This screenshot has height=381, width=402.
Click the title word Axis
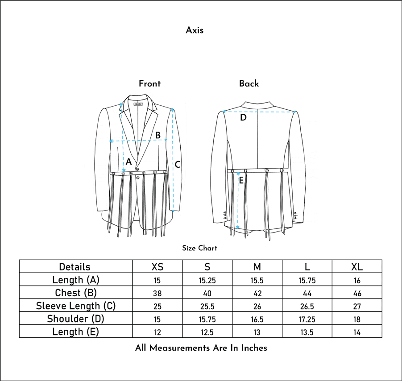195,30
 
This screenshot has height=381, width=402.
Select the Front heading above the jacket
150,83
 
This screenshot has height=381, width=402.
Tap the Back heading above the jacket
249,83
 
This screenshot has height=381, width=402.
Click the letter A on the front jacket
128,162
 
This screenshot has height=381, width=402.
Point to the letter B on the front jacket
158,135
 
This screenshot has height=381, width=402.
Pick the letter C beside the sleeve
178,164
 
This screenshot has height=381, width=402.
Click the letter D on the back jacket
243,117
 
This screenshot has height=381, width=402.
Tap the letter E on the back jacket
241,180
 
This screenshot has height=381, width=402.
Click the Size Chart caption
199,248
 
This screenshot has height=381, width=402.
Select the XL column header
357,267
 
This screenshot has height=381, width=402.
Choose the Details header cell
75,267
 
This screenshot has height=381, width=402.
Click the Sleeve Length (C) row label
76,306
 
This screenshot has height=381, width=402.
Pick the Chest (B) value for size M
257,293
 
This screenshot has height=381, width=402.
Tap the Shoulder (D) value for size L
307,319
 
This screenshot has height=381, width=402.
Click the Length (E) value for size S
207,332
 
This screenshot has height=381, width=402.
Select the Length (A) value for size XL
357,280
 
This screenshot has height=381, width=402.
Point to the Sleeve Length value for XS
157,306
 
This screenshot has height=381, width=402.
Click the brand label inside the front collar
138,104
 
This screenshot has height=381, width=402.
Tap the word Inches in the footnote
254,348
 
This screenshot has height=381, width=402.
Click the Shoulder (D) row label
76,319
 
